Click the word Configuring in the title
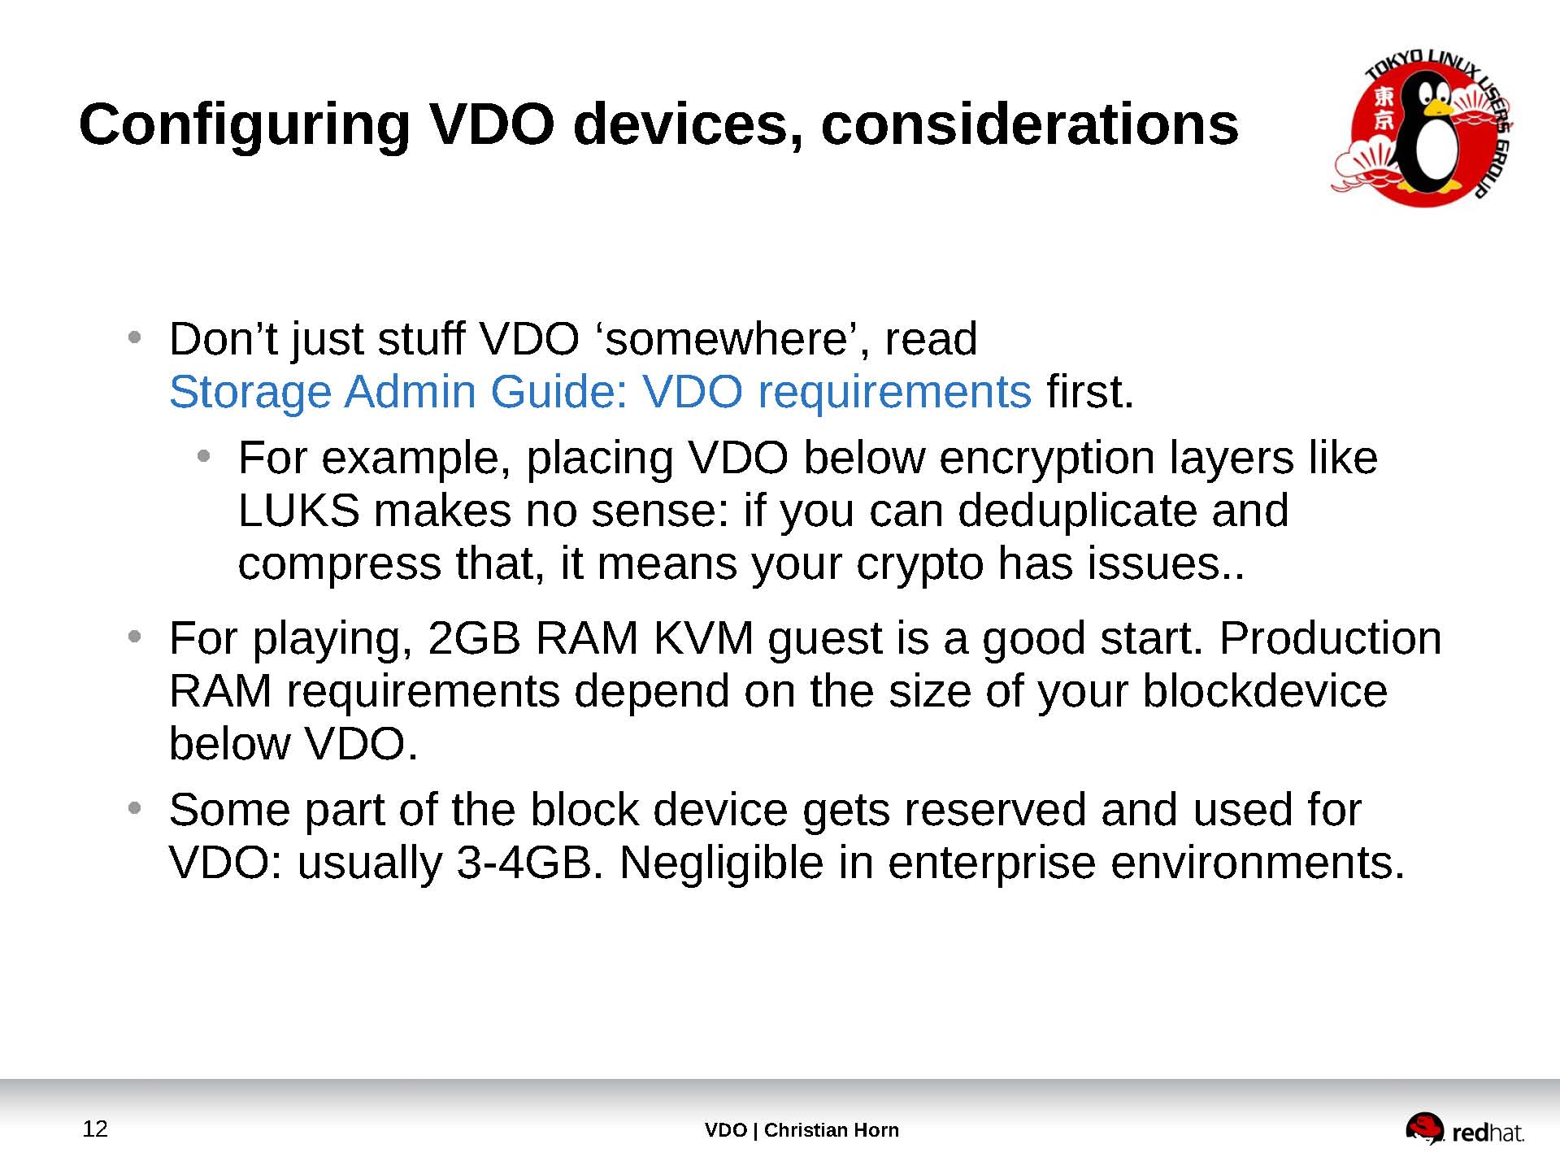pos(244,126)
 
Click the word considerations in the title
pos(1029,126)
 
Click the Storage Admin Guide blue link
pos(599,392)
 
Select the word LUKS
pos(298,511)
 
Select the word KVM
pos(703,638)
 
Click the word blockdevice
pos(1264,691)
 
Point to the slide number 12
pos(95,1129)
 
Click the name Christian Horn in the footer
pos(831,1130)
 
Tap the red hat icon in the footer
pos(1424,1129)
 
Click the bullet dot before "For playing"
pos(135,636)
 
